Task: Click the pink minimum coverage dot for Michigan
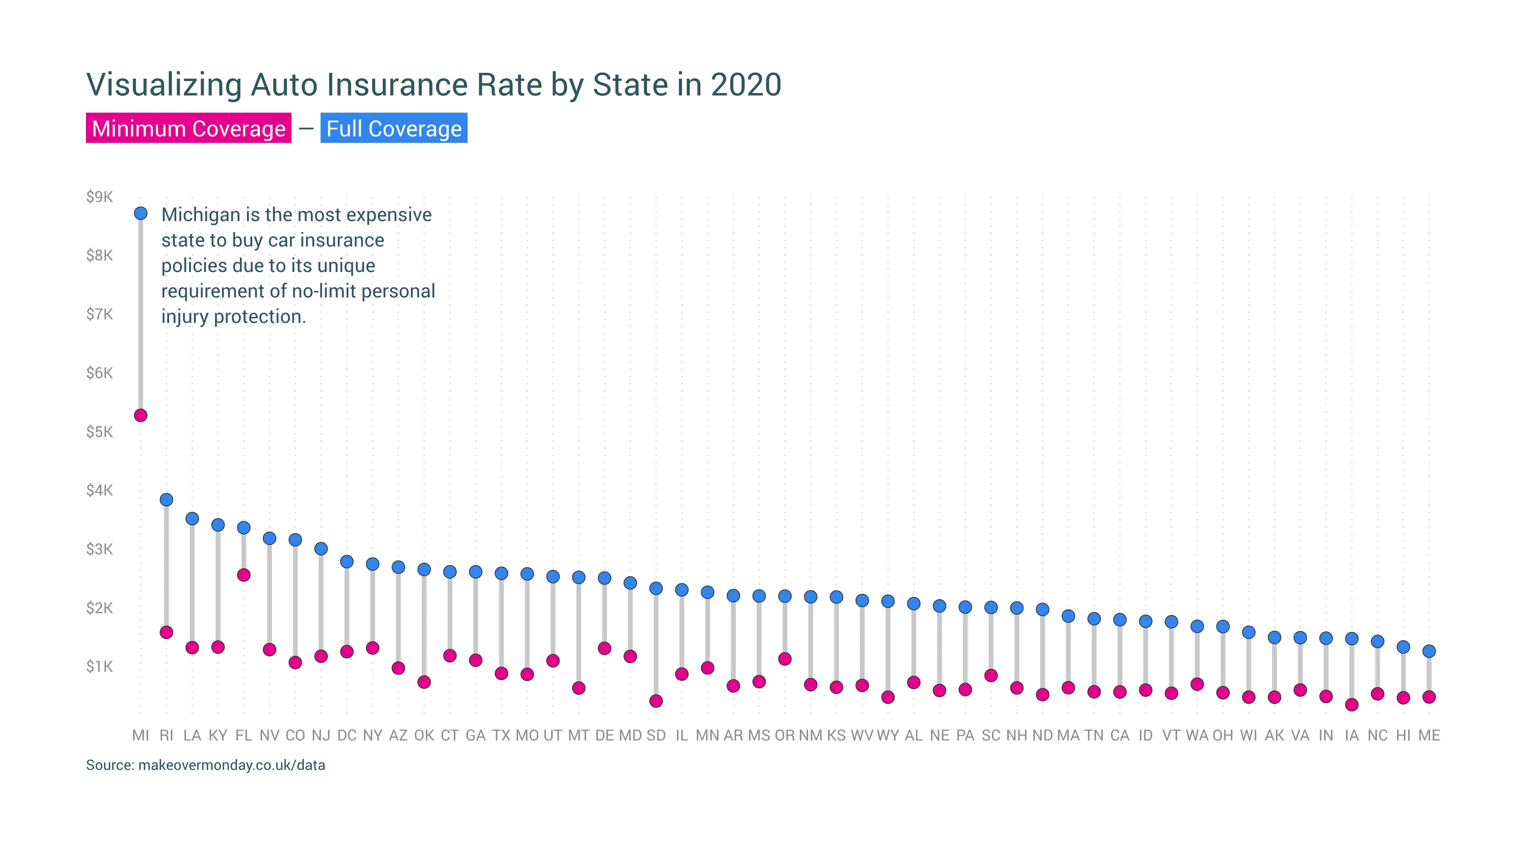coord(140,416)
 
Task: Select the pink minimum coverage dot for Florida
coord(244,575)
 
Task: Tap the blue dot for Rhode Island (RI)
coord(167,500)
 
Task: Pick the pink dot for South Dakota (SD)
coord(656,701)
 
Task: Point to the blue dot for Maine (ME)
coord(1429,651)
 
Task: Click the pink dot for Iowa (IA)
coord(1352,705)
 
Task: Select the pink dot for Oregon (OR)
coord(785,659)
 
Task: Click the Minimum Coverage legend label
coord(189,128)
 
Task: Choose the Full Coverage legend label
coord(394,128)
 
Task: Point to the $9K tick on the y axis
coord(99,197)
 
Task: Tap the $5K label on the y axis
coord(99,431)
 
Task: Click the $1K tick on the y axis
coord(99,667)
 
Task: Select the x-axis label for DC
coord(347,736)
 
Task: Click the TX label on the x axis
coord(501,736)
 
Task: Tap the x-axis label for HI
coord(1403,736)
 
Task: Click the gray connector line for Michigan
coord(140,314)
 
